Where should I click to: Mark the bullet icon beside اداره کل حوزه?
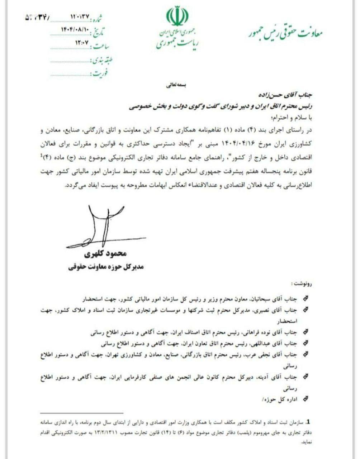306,398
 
